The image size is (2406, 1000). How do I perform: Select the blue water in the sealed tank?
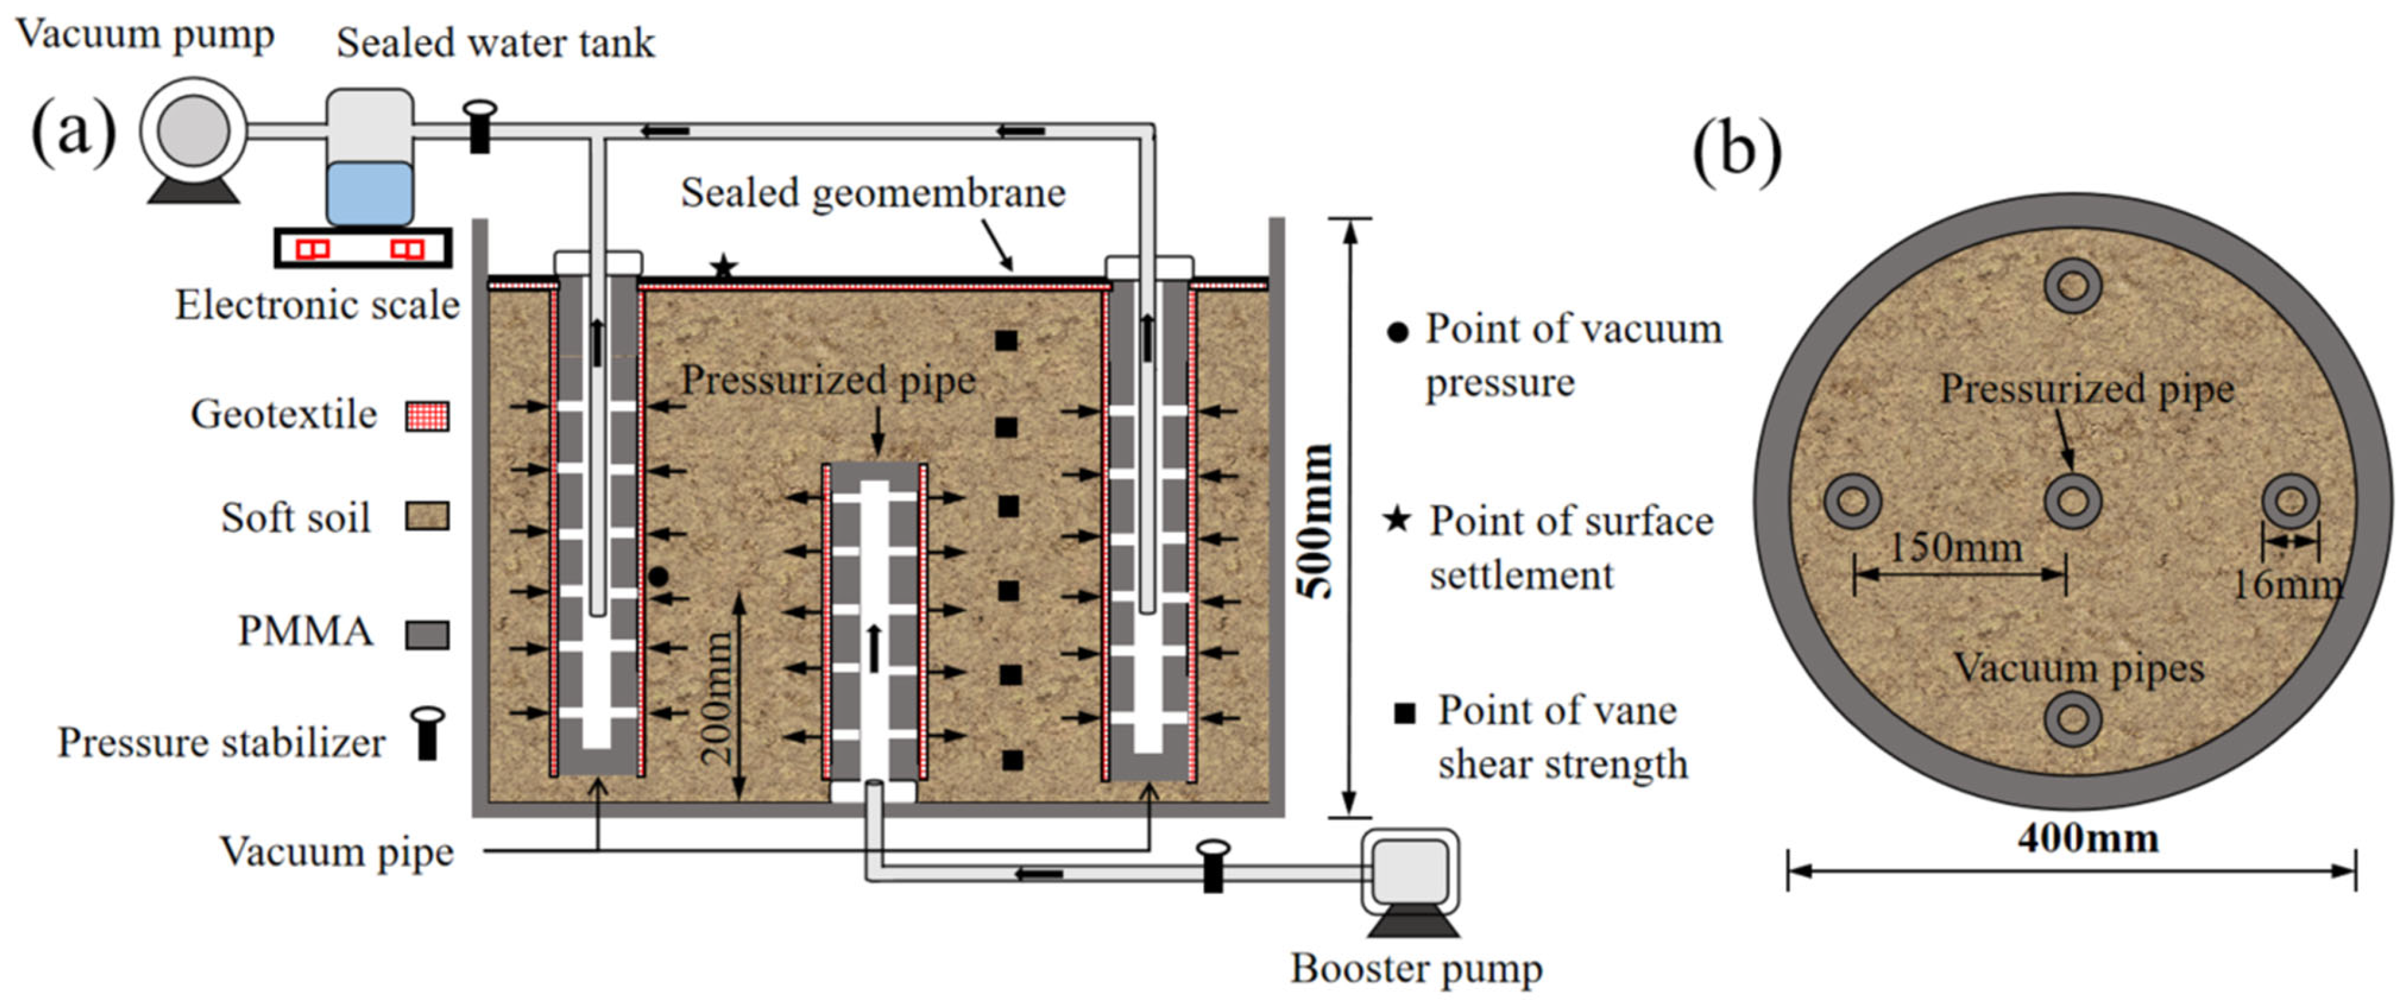[369, 193]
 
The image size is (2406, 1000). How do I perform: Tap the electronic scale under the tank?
[363, 248]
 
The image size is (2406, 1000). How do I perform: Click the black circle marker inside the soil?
[659, 577]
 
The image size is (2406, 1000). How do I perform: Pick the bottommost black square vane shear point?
[1012, 760]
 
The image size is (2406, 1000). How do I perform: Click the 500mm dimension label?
[1316, 521]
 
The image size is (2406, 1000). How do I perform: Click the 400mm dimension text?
[2088, 838]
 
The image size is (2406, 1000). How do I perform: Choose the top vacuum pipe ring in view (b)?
[2073, 285]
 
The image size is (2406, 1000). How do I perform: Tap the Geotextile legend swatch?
[427, 415]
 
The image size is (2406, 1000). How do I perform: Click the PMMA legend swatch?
[427, 635]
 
